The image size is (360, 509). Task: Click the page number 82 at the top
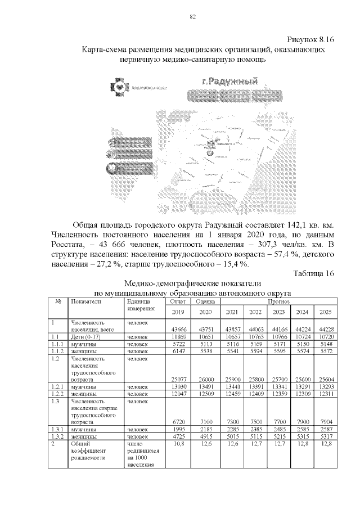point(192,17)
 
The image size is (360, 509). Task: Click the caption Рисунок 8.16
point(311,40)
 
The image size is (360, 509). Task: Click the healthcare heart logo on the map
point(119,87)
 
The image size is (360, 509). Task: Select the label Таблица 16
point(314,273)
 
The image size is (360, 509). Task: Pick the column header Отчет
point(177,301)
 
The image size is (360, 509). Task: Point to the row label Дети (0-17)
point(85,336)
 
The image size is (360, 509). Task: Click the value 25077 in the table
point(177,380)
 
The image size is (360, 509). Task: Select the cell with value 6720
point(177,422)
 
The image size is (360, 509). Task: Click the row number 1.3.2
point(56,436)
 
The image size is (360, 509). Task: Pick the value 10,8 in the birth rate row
point(177,444)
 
